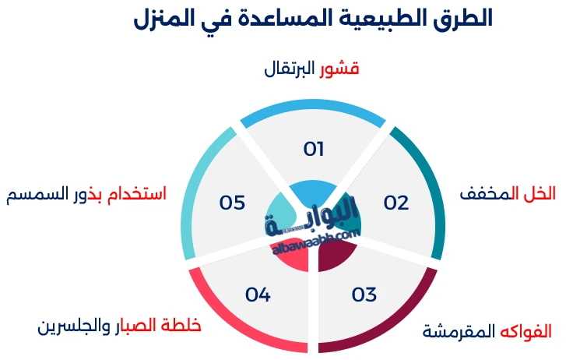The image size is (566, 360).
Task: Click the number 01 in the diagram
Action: pos(314,149)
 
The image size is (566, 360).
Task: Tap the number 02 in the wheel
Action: pos(396,203)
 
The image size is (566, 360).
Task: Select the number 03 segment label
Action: pos(364,295)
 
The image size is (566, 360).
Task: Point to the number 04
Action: pos(258,295)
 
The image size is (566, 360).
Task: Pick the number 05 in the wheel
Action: pos(232,203)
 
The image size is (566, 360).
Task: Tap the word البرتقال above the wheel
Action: pos(290,69)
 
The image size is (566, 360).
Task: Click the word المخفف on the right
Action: pos(487,193)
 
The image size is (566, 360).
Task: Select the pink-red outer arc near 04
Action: pos(226,319)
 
